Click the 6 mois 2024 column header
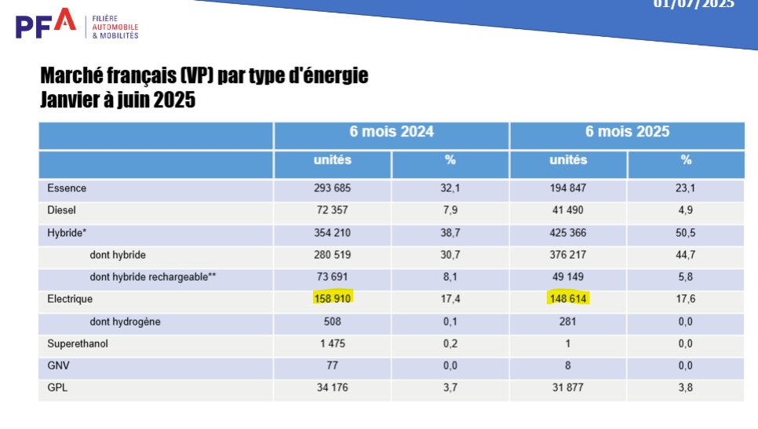point(392,132)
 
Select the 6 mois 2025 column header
point(627,132)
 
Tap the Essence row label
point(67,188)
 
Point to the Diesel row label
point(62,210)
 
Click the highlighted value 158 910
point(333,299)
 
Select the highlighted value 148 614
point(568,299)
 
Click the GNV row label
point(58,365)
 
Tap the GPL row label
point(57,387)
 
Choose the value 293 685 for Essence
point(333,188)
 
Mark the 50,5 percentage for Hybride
point(686,233)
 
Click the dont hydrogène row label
point(126,322)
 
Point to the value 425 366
point(568,233)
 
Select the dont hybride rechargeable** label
point(153,277)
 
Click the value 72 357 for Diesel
point(333,210)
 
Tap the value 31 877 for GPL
point(568,387)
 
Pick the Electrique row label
point(70,299)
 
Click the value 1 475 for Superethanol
point(333,344)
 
